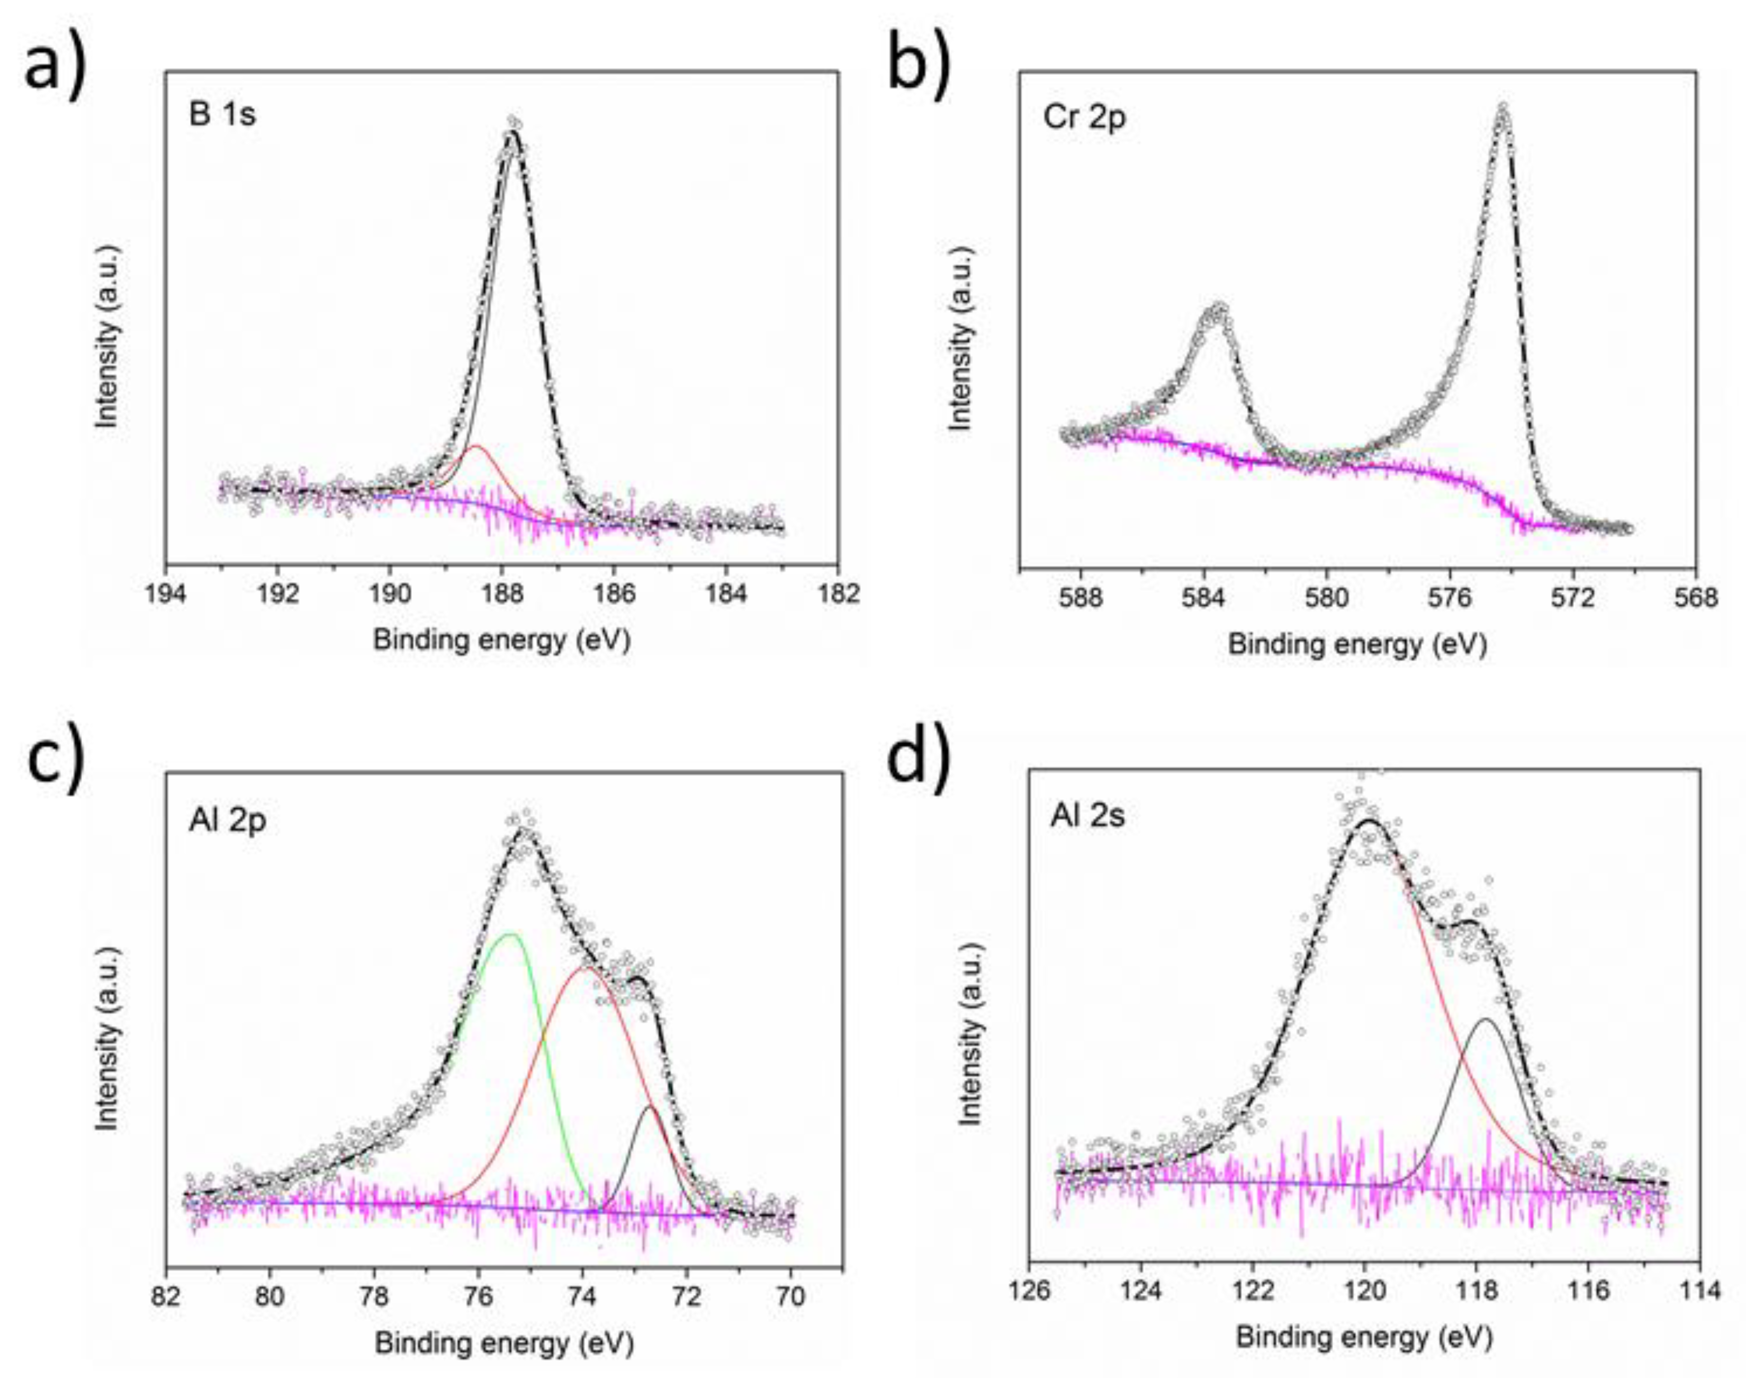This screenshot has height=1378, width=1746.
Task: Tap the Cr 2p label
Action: click(x=1084, y=118)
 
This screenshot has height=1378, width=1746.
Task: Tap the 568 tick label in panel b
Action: click(x=1695, y=599)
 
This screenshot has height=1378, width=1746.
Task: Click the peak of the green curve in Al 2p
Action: click(x=510, y=934)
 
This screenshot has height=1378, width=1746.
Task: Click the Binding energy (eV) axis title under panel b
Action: click(x=1356, y=645)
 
